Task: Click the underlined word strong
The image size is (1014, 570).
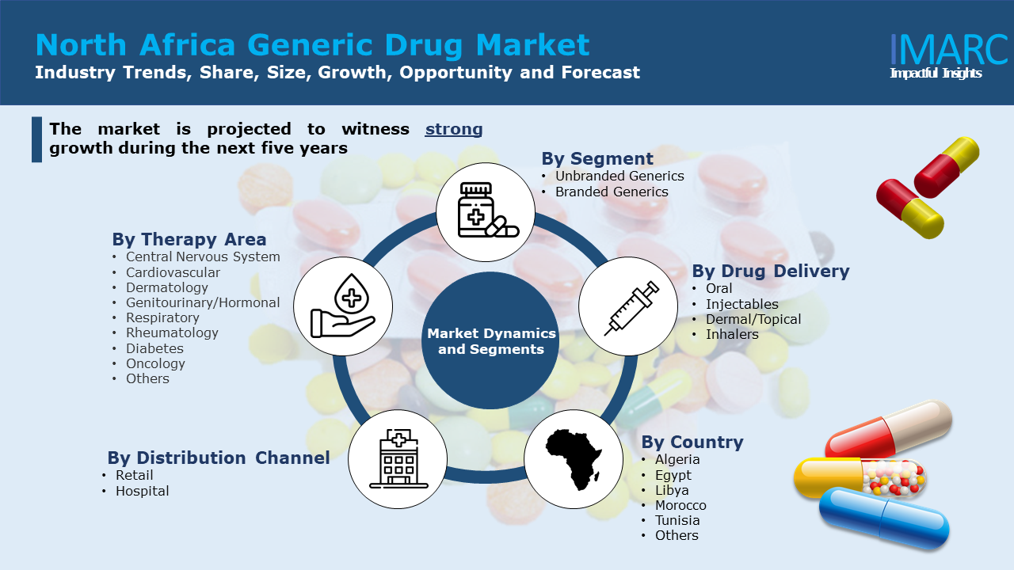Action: (453, 129)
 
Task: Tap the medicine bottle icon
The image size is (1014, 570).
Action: (486, 211)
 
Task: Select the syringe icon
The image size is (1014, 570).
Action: (628, 306)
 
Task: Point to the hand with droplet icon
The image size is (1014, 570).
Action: (342, 306)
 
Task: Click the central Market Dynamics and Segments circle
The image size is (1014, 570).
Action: (491, 341)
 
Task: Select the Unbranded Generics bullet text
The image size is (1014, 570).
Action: (619, 176)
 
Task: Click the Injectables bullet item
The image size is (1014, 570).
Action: (741, 304)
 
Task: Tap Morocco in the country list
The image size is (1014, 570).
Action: (680, 505)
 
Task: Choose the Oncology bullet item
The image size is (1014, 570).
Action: (155, 363)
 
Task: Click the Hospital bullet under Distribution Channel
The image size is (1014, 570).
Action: (142, 491)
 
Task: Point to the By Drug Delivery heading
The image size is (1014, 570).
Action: (770, 271)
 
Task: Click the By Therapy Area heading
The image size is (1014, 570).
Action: (189, 239)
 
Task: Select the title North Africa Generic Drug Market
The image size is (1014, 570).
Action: (312, 44)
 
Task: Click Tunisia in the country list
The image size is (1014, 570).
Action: (677, 520)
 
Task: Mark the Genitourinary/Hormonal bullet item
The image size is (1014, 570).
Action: (202, 302)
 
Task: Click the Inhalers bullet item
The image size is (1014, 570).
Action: (732, 334)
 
